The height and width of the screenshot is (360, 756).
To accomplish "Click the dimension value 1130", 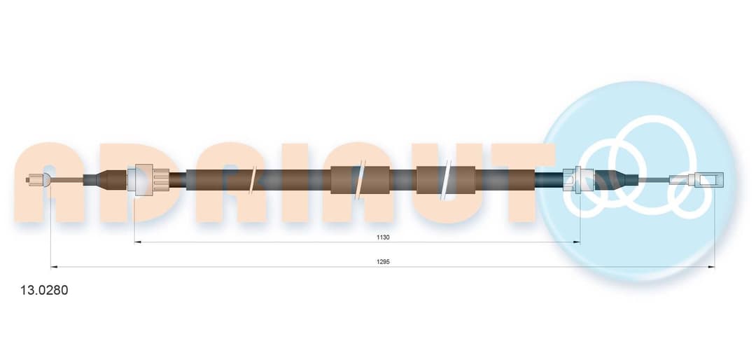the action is point(383,237).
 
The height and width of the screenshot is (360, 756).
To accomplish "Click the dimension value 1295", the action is point(383,261).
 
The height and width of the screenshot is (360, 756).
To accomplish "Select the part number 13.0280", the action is point(44,291).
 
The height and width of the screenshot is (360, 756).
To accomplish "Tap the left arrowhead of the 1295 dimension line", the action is point(53,266).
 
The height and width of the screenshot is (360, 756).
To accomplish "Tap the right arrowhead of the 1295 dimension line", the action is point(711,266).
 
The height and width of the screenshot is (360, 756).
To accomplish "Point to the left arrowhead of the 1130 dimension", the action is point(137,242).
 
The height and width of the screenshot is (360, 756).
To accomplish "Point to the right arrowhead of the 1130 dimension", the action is point(577,242).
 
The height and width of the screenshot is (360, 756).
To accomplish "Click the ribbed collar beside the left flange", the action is point(160,179).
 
